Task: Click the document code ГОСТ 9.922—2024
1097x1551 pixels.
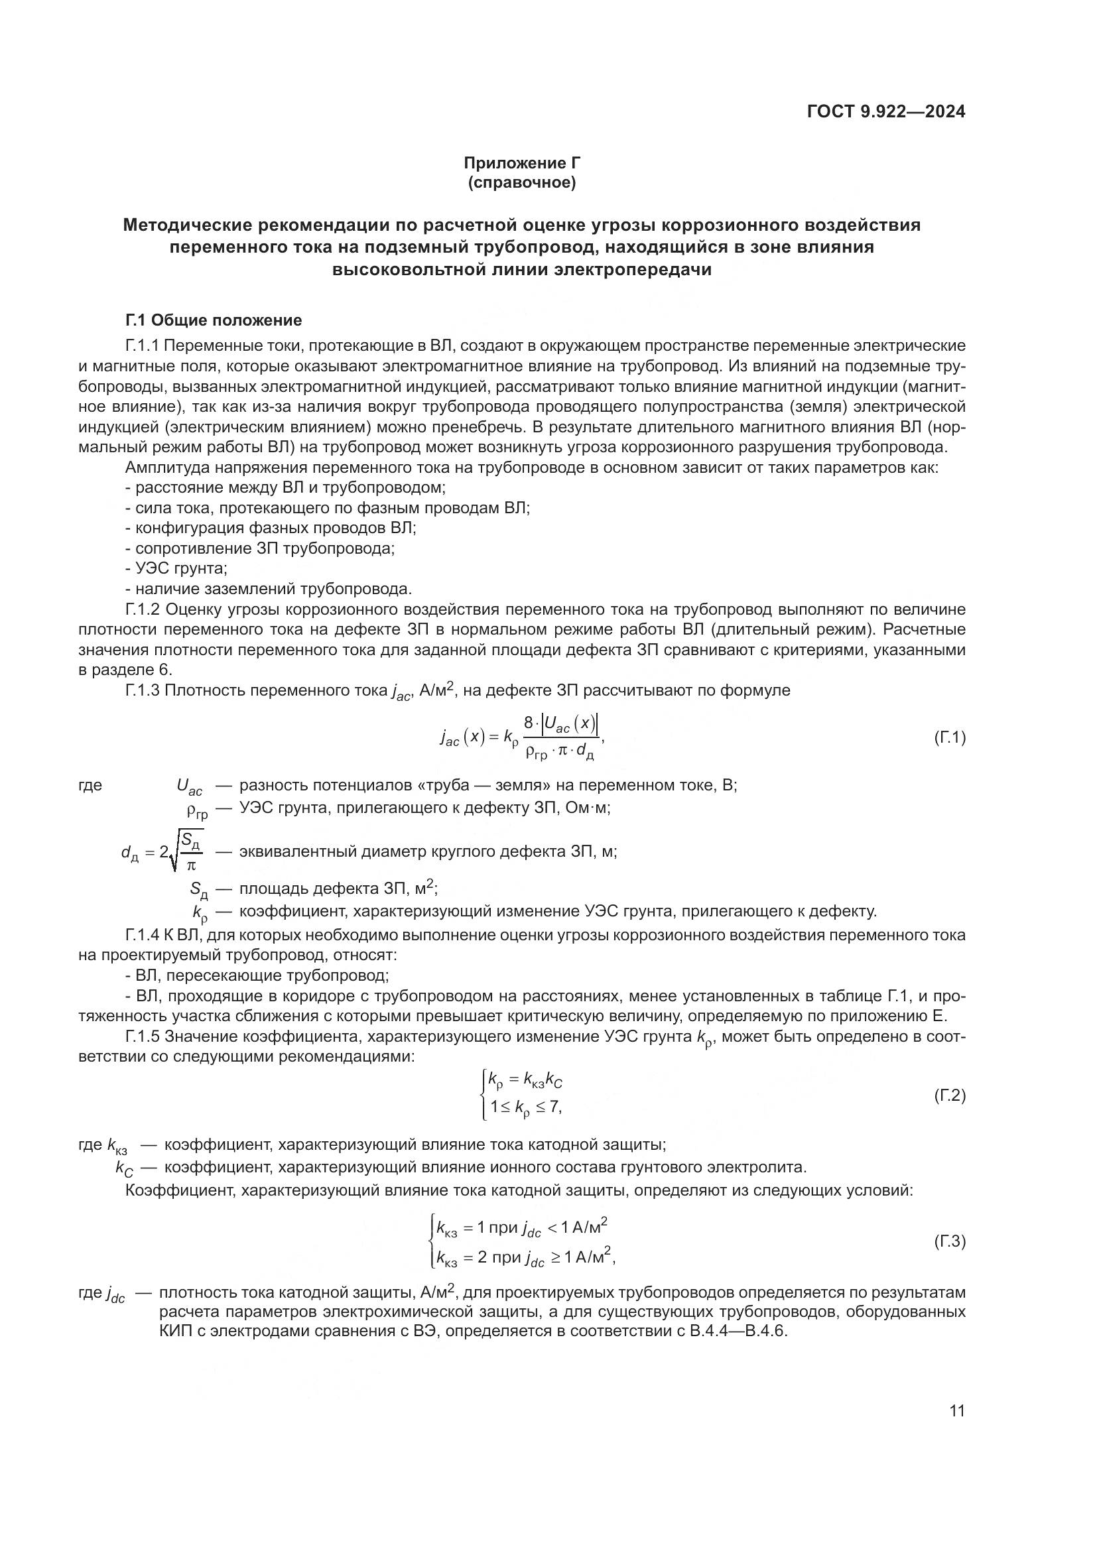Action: (885, 112)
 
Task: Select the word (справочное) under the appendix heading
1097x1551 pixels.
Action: (521, 183)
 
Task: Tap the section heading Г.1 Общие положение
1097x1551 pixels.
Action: (214, 320)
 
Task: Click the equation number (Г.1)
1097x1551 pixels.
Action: (949, 737)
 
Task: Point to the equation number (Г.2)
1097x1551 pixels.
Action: (949, 1095)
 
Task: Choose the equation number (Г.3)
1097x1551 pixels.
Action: (949, 1241)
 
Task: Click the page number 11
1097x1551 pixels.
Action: (956, 1410)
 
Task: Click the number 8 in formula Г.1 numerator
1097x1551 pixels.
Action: (529, 723)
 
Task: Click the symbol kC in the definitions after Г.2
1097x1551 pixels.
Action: (124, 1167)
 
